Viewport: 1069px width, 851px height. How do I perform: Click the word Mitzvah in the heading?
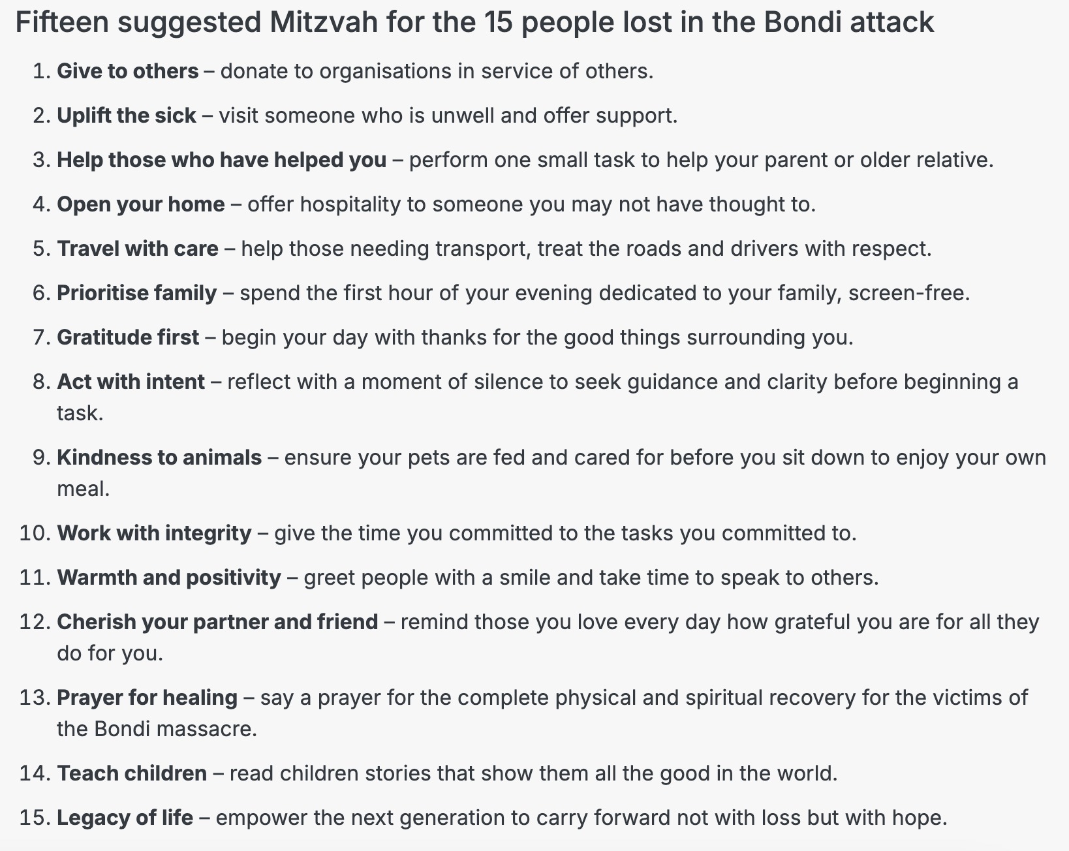coord(323,23)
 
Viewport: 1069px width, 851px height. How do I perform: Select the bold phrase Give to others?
coord(128,71)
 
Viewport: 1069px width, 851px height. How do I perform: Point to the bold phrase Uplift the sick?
coord(127,116)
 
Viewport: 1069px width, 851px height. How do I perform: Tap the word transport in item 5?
coord(482,249)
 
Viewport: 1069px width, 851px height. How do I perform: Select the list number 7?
coord(41,337)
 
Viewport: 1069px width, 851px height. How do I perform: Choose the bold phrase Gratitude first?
coord(128,337)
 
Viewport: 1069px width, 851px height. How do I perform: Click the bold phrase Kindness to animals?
coord(159,457)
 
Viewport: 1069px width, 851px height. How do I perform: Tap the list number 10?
coord(35,533)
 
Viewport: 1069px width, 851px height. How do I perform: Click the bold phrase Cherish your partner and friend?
coord(217,622)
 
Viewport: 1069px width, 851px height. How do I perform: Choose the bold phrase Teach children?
coord(132,773)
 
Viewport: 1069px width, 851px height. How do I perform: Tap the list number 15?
coord(35,818)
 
